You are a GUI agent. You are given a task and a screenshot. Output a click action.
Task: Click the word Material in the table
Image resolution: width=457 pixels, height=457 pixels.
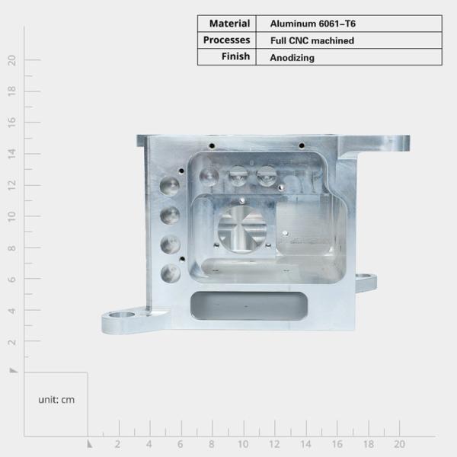[x=229, y=24]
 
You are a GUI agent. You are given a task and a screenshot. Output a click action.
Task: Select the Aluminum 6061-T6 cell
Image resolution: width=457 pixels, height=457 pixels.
[x=313, y=24]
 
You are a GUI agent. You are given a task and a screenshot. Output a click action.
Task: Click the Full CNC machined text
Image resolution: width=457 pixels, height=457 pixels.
[x=312, y=40]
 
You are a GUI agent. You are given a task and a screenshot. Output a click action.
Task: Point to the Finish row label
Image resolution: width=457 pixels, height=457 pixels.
[x=236, y=56]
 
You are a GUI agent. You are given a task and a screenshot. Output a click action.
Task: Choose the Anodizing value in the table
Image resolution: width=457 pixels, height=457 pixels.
[x=292, y=57]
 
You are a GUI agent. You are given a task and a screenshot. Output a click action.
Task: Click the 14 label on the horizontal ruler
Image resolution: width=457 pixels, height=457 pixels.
[x=305, y=444]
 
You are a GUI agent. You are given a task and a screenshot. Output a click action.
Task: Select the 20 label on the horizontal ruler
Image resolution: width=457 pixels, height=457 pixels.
[x=399, y=444]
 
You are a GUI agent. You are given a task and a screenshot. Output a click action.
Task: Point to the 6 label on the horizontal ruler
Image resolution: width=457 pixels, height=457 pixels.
[x=181, y=444]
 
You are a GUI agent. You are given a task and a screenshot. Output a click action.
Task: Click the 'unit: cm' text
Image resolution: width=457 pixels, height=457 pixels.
[x=56, y=399]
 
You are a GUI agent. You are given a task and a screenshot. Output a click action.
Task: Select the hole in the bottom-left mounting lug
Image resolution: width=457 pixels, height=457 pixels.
[x=121, y=315]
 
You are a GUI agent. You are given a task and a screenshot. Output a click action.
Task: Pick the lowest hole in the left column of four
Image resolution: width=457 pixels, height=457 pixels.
[x=170, y=273]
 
